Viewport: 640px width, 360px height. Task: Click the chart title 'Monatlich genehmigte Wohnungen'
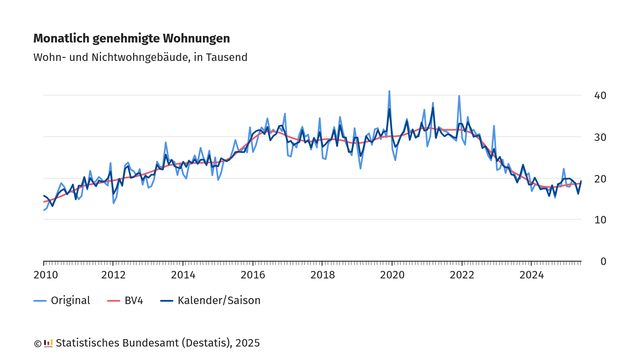[131, 38]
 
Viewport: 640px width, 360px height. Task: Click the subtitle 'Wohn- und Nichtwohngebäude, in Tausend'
[140, 57]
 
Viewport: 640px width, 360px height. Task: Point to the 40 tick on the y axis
[600, 95]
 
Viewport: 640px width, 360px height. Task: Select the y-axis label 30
[600, 137]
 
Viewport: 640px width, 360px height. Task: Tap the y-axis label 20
[600, 178]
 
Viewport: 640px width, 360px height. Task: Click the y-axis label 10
[600, 220]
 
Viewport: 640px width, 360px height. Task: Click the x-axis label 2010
[45, 275]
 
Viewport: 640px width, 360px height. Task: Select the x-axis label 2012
[114, 275]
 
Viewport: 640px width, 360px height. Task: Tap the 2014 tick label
[183, 275]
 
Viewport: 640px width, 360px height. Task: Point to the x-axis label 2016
[253, 275]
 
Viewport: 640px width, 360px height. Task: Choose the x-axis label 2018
[322, 275]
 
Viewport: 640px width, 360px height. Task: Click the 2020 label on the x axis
[392, 275]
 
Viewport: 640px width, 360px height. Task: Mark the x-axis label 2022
[461, 275]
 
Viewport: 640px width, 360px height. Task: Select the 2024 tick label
[531, 275]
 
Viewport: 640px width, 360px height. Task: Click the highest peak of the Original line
[389, 91]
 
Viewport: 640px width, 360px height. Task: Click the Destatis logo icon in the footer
[48, 343]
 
